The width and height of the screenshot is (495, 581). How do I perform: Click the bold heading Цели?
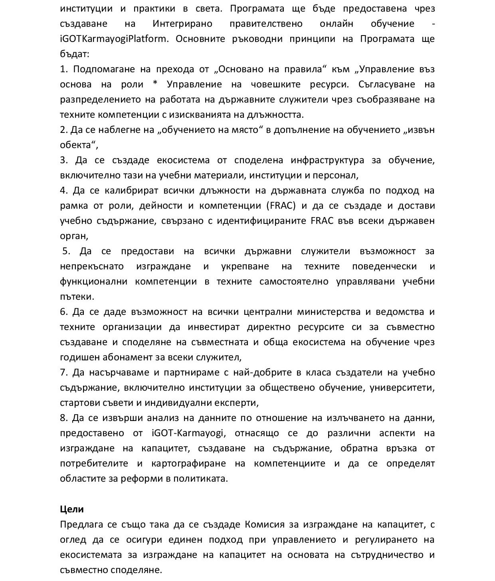coord(72,509)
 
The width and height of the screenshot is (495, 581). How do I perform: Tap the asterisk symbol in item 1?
coord(155,85)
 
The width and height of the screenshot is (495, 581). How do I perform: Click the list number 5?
coord(66,251)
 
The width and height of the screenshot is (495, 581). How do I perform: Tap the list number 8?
coord(63,418)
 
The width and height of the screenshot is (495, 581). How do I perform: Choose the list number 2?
coord(63,130)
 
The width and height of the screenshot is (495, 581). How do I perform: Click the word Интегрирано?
coord(182,24)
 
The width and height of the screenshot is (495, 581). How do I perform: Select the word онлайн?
coord(336,24)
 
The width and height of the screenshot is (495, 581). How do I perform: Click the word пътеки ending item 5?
coord(77,297)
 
